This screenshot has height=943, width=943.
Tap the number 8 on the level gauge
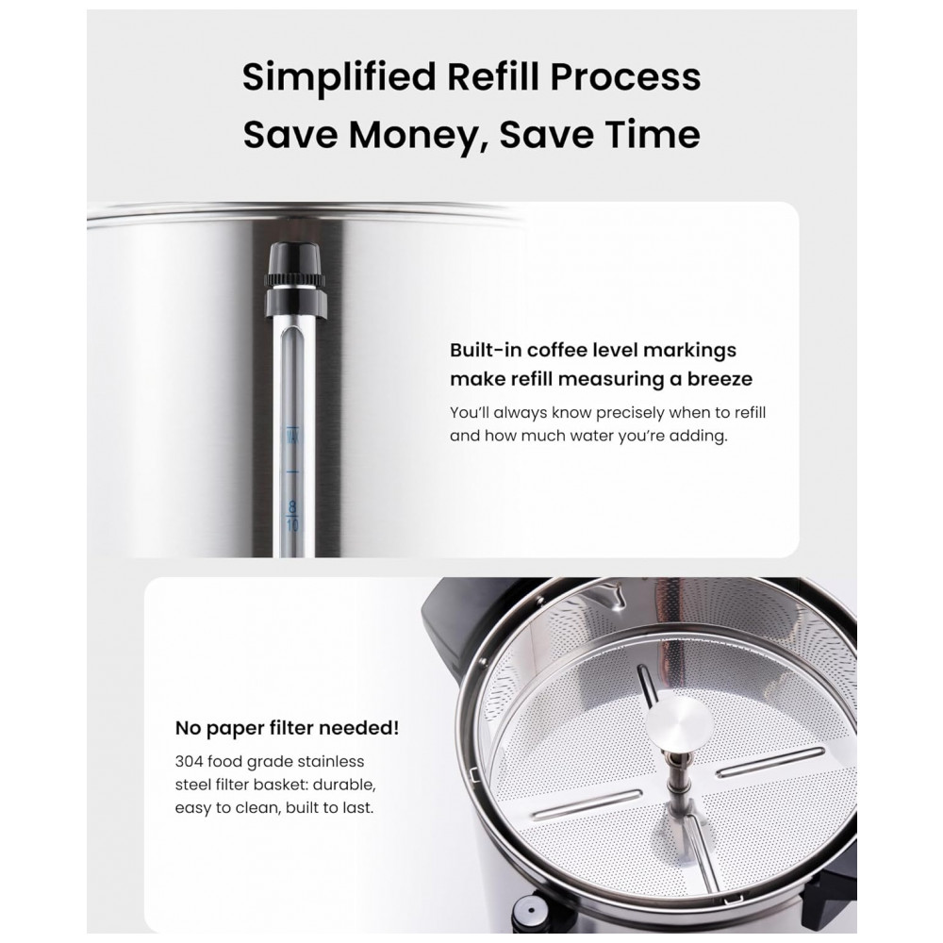(292, 506)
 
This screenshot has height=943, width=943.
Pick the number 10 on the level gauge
(293, 525)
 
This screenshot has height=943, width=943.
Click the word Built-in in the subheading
(486, 350)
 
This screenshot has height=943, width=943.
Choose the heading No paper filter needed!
(287, 728)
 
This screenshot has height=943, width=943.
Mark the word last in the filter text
(357, 808)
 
